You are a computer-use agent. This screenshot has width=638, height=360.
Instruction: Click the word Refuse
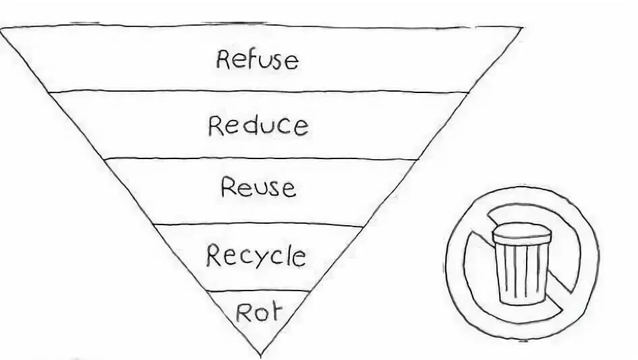[x=257, y=59]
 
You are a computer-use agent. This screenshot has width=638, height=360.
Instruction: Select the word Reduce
[x=258, y=125]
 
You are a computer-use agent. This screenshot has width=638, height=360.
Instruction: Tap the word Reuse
[x=258, y=187]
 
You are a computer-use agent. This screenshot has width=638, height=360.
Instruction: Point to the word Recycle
[x=256, y=256]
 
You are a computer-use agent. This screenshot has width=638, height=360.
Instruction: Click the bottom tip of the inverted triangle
[x=260, y=354]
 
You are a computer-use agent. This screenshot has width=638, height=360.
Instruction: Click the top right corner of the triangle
[x=521, y=28]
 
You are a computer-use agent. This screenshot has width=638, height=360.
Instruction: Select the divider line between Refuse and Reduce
[x=259, y=91]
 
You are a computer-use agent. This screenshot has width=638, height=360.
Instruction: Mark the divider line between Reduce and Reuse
[x=260, y=159]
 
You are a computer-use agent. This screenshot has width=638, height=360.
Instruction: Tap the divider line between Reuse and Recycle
[x=259, y=224]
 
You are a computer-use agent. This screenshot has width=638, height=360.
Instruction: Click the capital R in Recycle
[x=213, y=255]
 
